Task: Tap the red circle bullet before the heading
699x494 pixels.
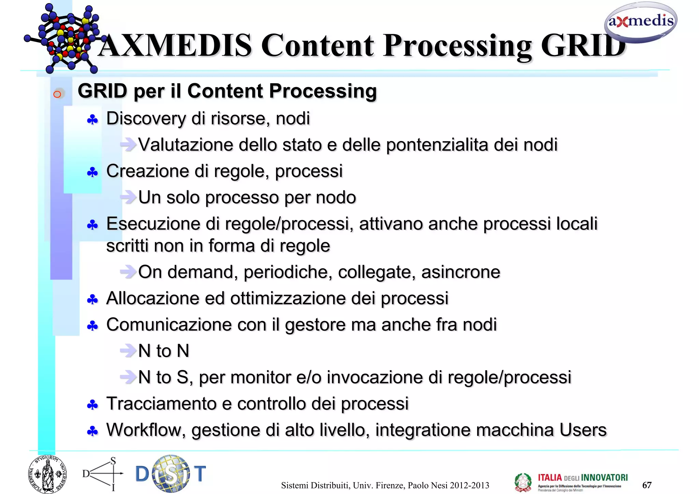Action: tap(57, 94)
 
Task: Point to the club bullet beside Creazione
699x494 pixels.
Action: tap(92, 172)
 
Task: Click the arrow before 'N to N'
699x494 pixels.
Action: tap(128, 350)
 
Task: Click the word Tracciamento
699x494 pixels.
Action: tap(161, 404)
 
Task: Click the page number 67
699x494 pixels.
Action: tap(647, 485)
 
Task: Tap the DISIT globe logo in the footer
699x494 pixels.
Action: tap(171, 474)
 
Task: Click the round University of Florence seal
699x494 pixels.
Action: tap(47, 475)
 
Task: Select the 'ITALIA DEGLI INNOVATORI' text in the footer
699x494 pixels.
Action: tap(583, 478)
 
